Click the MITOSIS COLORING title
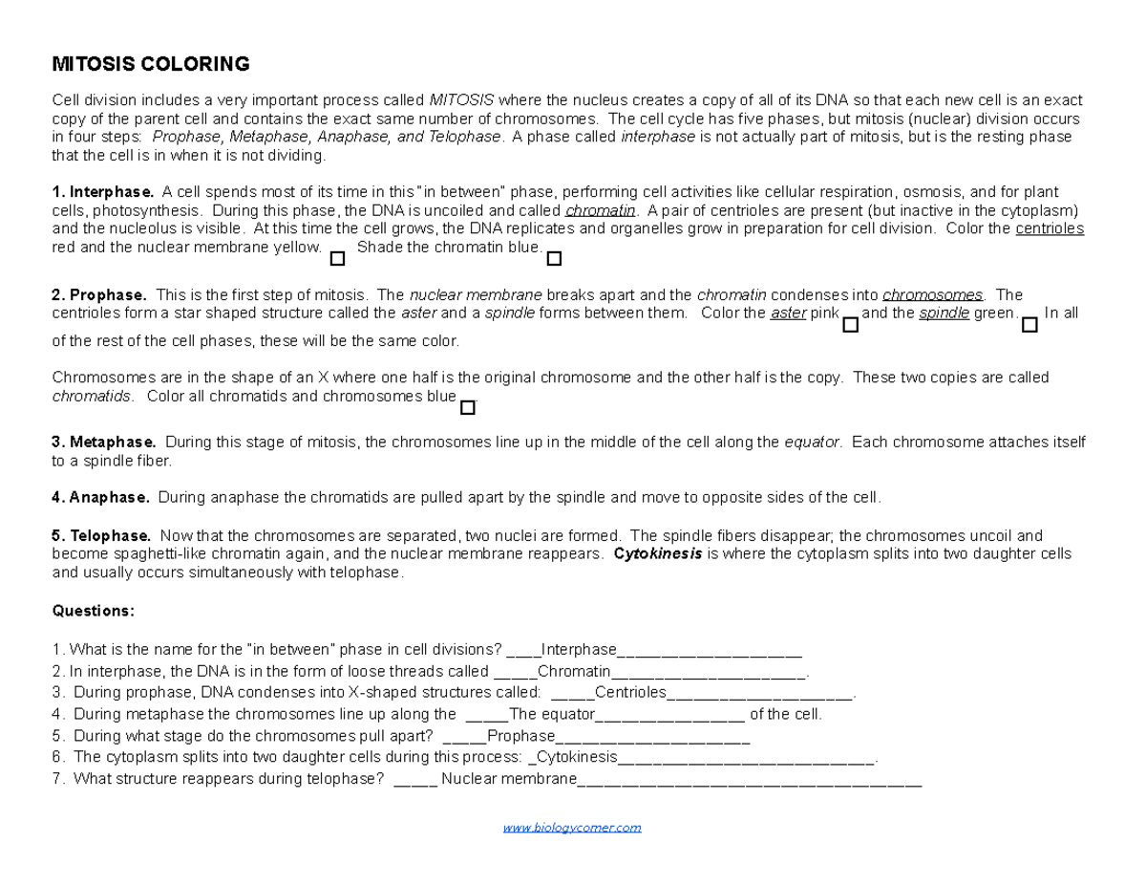pos(150,65)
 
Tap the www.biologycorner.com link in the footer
pos(572,828)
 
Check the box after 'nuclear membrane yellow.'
pos(336,259)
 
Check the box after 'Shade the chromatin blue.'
pos(554,259)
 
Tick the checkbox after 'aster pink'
pos(851,325)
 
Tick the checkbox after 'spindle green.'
pos(1029,325)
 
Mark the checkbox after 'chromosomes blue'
pos(467,408)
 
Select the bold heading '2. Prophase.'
pos(99,294)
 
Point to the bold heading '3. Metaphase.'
pos(104,442)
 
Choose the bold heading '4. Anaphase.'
pos(100,497)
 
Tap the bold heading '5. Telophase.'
pos(101,535)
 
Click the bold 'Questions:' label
pos(94,611)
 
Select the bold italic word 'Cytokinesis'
pos(657,553)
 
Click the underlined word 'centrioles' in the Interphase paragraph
pos(1050,228)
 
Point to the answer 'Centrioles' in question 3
pos(630,693)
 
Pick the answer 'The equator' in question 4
pos(553,714)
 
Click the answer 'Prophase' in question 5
pos(520,736)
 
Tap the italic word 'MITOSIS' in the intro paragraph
pos(461,100)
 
